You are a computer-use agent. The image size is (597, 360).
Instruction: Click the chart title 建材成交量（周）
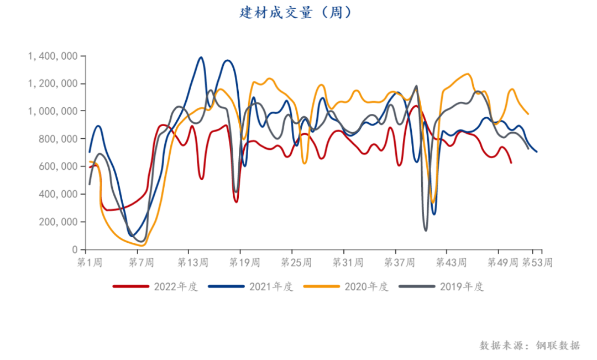click(296, 13)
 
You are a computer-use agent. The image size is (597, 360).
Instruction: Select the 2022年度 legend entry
click(155, 286)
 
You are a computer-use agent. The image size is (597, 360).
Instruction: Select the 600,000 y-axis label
click(56, 166)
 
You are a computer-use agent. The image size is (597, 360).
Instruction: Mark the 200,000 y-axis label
click(56, 222)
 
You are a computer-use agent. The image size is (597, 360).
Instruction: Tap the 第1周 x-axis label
click(89, 262)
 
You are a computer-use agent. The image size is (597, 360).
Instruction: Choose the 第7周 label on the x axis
click(140, 262)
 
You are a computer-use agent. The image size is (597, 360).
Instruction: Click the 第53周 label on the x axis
click(537, 262)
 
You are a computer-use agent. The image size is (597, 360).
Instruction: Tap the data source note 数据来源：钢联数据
click(530, 346)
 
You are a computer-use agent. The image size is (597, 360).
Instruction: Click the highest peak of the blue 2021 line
click(201, 57)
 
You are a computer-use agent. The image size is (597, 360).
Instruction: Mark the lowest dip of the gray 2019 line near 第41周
click(426, 230)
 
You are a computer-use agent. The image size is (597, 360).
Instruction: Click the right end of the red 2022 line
click(511, 162)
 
